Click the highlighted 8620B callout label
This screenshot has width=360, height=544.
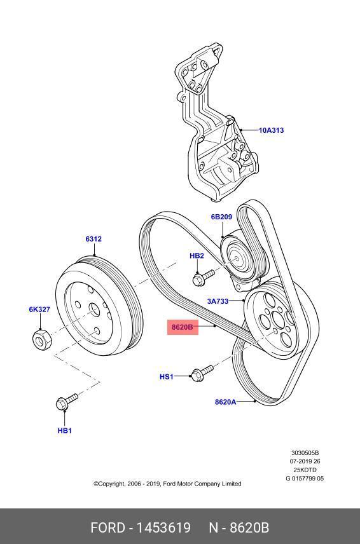(183, 327)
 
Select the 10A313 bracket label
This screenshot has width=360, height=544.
(271, 130)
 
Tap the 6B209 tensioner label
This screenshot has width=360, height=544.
(221, 217)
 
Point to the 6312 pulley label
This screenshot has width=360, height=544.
(93, 239)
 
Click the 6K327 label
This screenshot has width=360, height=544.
(39, 309)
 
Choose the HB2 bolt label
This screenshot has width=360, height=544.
(197, 256)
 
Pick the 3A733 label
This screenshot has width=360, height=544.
(218, 301)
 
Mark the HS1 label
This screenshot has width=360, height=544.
(166, 376)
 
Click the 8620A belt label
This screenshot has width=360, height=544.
(226, 402)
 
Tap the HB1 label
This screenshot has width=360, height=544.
(65, 430)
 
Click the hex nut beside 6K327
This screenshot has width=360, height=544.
(41, 339)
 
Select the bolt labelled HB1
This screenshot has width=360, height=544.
(66, 401)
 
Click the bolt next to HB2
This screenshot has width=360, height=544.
(204, 278)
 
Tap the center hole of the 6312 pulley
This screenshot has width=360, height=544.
(94, 309)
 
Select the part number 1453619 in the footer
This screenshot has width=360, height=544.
(164, 527)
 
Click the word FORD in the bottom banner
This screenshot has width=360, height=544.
(107, 527)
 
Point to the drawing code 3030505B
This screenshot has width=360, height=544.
(305, 452)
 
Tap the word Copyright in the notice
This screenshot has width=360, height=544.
(109, 484)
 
